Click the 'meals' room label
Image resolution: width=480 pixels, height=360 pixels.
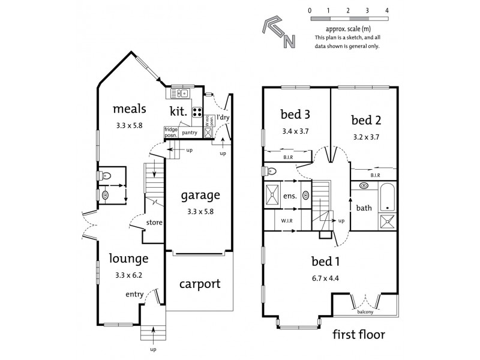coord(130,109)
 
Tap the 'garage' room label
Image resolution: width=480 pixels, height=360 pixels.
coord(201,195)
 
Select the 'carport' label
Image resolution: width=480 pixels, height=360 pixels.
coord(200,284)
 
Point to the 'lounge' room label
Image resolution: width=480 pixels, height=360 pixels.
coord(129,259)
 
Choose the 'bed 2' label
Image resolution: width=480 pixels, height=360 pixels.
coord(366,119)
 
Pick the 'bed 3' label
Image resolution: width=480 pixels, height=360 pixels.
coord(295,113)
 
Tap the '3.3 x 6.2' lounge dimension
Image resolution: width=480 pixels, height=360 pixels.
coord(129,276)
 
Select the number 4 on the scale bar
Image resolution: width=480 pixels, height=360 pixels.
coord(387,11)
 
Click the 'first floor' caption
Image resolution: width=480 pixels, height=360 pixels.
coord(358,334)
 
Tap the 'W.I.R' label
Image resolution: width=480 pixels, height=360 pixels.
coord(287,220)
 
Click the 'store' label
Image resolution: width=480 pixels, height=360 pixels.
coord(154,224)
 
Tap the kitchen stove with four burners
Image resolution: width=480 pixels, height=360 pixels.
coord(197,112)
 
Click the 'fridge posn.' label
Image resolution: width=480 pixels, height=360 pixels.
coord(171,131)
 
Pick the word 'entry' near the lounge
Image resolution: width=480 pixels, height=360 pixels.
coord(134,294)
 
